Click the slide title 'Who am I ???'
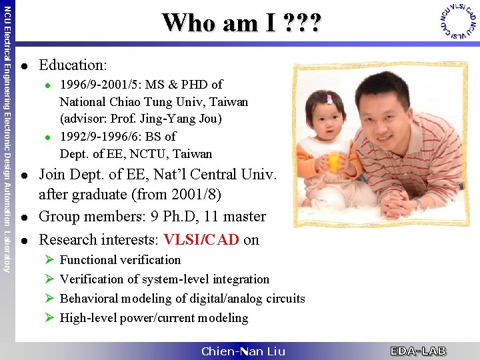point(241,23)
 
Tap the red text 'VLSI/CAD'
point(201,239)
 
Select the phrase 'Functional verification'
point(120,260)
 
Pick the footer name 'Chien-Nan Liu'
point(243,351)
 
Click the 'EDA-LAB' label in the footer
point(418,351)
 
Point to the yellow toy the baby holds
point(333,163)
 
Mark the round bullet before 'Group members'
point(24,217)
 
